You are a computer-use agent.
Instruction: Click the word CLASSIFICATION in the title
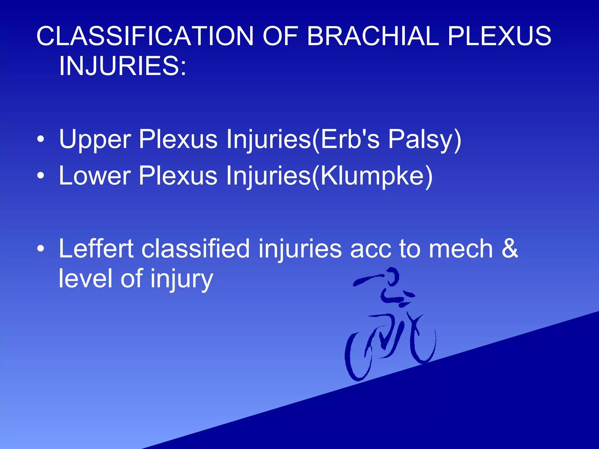(145, 36)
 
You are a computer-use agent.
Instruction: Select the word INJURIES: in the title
(122, 66)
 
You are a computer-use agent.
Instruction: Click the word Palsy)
(424, 140)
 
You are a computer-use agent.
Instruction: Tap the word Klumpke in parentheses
(371, 176)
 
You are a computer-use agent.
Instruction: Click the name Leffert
(96, 249)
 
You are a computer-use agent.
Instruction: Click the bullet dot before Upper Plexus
(41, 139)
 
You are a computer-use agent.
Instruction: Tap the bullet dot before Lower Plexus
(41, 176)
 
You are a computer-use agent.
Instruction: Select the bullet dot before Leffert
(41, 249)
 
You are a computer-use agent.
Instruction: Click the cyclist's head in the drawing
(392, 276)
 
